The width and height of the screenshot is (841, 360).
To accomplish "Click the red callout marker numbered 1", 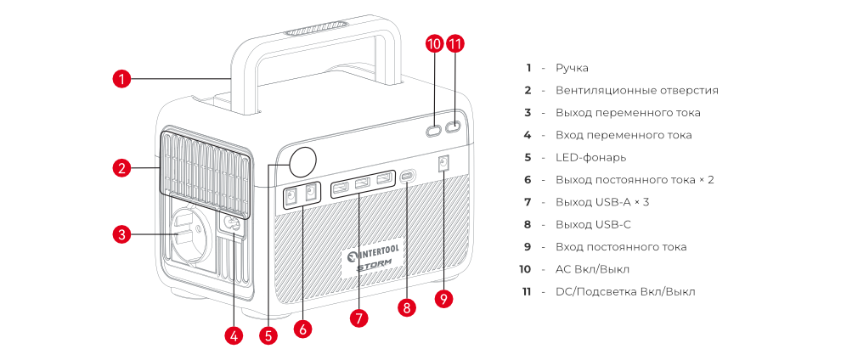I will click(x=122, y=80).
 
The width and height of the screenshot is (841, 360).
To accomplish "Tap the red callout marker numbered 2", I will click(x=122, y=168).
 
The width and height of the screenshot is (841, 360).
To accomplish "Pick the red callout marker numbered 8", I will click(x=409, y=308).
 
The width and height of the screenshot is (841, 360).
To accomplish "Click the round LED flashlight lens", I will click(x=302, y=160).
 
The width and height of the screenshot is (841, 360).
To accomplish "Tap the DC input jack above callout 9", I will click(x=443, y=164).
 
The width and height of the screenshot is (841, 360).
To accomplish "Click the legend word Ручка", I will click(x=572, y=68).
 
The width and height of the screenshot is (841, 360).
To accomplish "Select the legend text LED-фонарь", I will click(x=590, y=157).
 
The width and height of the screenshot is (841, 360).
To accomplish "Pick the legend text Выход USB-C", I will click(x=593, y=224).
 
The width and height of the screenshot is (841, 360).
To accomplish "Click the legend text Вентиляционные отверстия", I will click(x=637, y=90).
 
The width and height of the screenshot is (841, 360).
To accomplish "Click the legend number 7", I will click(x=528, y=202).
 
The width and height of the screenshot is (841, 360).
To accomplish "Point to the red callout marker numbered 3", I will click(x=122, y=233).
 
